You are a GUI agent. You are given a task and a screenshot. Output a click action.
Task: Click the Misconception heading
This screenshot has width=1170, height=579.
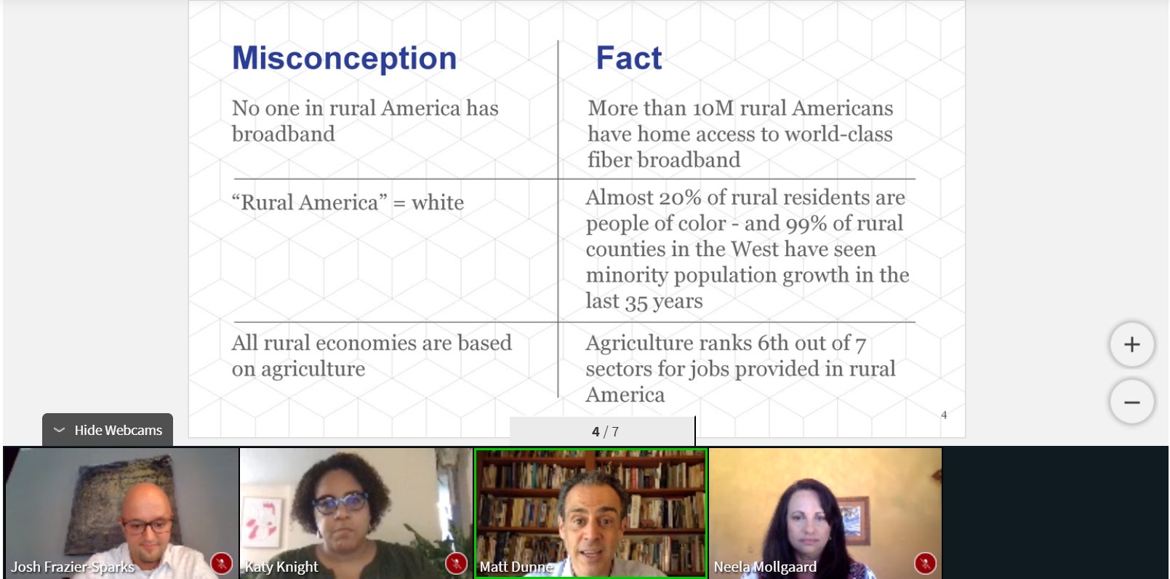[344, 58]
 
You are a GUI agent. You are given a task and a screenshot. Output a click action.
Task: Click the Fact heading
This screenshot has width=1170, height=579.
[629, 57]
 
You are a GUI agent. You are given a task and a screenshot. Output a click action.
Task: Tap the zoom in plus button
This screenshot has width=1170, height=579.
[1132, 344]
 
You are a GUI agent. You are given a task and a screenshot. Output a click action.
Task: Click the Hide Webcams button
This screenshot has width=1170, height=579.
[108, 430]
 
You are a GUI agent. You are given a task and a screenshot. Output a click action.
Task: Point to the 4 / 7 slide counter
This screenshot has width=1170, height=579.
[605, 431]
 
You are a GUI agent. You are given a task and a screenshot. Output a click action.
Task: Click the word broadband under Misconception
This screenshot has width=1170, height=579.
[283, 135]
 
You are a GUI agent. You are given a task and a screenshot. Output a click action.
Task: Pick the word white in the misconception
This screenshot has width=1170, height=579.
[438, 203]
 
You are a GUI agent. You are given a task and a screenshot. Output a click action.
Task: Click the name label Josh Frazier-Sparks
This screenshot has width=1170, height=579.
[73, 567]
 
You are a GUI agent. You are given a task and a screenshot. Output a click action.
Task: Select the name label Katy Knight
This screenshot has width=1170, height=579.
[281, 567]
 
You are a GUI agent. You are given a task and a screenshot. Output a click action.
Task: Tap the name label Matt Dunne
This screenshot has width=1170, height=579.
[516, 567]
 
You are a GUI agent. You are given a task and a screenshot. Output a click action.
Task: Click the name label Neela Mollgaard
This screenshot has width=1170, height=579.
[765, 567]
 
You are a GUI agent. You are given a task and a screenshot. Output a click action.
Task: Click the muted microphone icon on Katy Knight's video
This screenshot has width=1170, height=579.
[456, 563]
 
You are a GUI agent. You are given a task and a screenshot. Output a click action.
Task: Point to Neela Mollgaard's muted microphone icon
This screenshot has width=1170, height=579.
[925, 563]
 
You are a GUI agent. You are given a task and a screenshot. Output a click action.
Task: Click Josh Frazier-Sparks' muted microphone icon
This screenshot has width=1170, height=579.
[222, 563]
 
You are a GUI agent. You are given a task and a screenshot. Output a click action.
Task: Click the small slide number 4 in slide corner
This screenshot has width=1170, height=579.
[944, 415]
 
